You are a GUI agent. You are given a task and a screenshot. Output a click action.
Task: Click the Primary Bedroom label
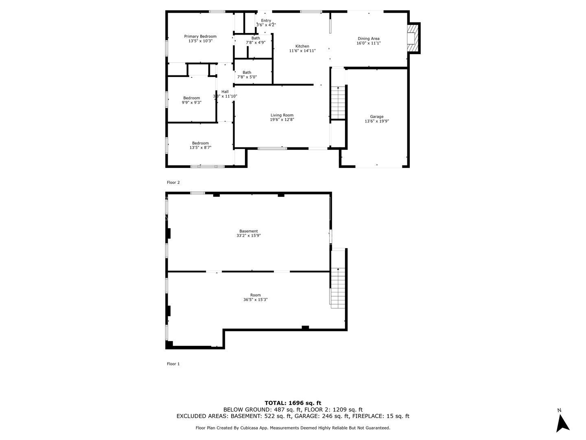200,37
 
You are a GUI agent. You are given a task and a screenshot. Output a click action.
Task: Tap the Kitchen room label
302,46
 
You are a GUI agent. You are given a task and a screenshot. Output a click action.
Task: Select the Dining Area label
368,39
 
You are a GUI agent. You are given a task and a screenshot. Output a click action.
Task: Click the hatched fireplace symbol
413,38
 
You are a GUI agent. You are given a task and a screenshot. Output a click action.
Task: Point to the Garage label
376,117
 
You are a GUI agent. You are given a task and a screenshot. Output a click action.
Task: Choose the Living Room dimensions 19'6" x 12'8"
282,120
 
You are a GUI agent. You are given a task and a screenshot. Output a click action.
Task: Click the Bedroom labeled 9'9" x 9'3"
191,100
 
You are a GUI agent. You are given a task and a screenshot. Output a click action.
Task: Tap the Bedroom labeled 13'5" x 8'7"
200,145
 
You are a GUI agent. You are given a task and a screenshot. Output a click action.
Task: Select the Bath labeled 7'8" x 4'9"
256,40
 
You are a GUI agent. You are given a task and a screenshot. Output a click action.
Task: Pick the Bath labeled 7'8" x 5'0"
247,75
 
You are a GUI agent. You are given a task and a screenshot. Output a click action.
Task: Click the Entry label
266,21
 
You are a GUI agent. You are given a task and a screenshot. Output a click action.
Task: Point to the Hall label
225,92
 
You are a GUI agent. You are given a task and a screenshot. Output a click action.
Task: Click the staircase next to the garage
338,102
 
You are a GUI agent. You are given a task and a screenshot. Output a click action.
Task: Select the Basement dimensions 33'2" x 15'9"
249,235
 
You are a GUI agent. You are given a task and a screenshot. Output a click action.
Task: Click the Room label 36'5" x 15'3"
256,297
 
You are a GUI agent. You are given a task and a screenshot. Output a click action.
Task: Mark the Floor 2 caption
173,183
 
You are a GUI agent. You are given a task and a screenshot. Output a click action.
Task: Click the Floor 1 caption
173,364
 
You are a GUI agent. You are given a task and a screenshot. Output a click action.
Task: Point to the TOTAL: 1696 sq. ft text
293,403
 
